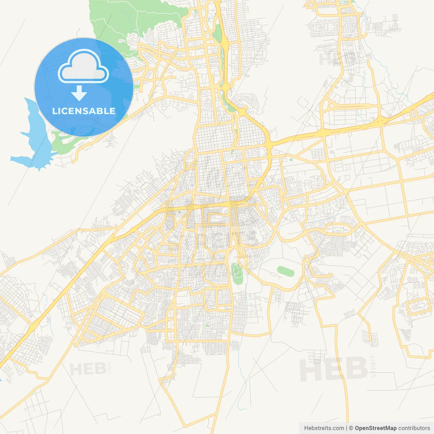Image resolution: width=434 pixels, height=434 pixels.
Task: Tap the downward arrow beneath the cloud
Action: [x=79, y=93]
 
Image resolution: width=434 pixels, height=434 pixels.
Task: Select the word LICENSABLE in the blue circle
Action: [x=84, y=111]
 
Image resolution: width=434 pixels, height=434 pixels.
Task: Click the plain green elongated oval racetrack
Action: [x=285, y=271]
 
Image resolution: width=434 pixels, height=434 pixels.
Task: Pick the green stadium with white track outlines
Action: [x=237, y=273]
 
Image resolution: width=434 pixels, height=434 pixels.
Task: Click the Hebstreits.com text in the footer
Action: [x=324, y=428]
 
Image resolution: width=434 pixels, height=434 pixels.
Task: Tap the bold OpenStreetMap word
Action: [x=375, y=428]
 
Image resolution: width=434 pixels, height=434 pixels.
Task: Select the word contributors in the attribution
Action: [x=414, y=428]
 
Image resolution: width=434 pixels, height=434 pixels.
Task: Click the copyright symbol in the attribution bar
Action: [x=351, y=428]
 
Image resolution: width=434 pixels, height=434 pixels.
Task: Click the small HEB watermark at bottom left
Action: [x=87, y=369]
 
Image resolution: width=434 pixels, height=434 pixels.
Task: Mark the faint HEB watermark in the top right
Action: [x=334, y=59]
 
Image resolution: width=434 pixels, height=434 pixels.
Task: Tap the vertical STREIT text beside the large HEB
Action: [x=373, y=366]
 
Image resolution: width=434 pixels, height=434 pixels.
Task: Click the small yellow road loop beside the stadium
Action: [x=243, y=262]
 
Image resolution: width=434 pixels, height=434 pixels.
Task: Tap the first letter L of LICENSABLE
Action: [x=54, y=111]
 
